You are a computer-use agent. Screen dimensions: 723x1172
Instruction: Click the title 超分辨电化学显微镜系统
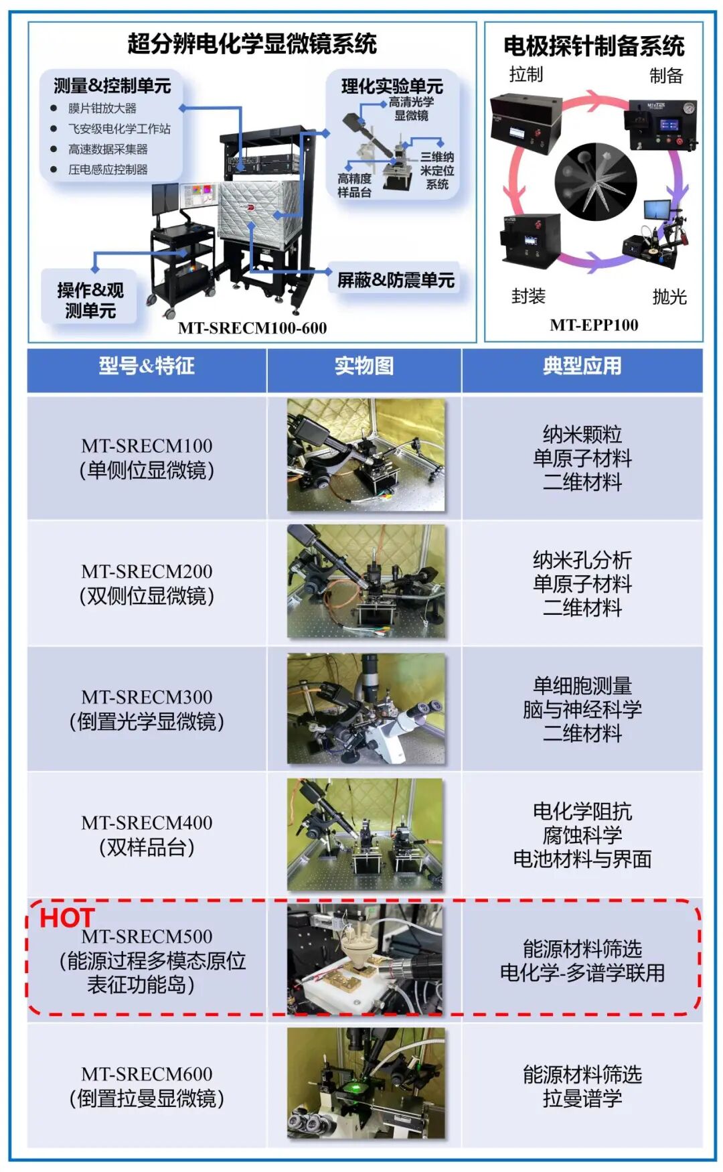pyautogui.click(x=252, y=44)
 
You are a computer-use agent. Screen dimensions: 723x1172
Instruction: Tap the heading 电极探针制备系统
pyautogui.click(x=594, y=46)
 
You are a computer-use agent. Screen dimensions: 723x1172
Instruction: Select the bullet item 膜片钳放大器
pyautogui.click(x=102, y=108)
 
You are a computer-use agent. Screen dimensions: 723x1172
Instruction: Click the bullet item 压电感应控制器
pyautogui.click(x=108, y=169)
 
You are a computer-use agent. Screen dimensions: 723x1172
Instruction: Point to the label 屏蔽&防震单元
pyautogui.click(x=396, y=280)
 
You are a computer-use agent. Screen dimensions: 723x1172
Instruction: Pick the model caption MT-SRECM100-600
pyautogui.click(x=252, y=328)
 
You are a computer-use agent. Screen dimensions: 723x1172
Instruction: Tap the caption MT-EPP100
pyautogui.click(x=594, y=325)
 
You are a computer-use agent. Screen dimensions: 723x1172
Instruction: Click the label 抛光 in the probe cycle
pyautogui.click(x=669, y=297)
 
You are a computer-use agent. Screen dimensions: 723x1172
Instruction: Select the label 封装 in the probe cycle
pyautogui.click(x=528, y=296)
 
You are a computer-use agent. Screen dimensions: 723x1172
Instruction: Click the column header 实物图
pyautogui.click(x=364, y=366)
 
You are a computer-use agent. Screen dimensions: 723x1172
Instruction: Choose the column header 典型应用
pyautogui.click(x=582, y=366)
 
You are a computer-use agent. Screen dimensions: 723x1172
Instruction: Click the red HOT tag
pyautogui.click(x=67, y=918)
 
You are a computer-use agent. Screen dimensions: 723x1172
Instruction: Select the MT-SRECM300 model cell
pyautogui.click(x=147, y=709)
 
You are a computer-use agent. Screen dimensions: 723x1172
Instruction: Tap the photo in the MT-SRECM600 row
pyautogui.click(x=366, y=1084)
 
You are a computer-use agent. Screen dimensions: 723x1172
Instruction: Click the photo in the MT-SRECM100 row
pyautogui.click(x=366, y=455)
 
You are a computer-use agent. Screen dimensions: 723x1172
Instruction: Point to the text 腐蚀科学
pyautogui.click(x=582, y=835)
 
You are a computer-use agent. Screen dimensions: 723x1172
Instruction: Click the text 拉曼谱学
pyautogui.click(x=582, y=1098)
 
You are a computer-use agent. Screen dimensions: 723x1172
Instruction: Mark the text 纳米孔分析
pyautogui.click(x=582, y=560)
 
